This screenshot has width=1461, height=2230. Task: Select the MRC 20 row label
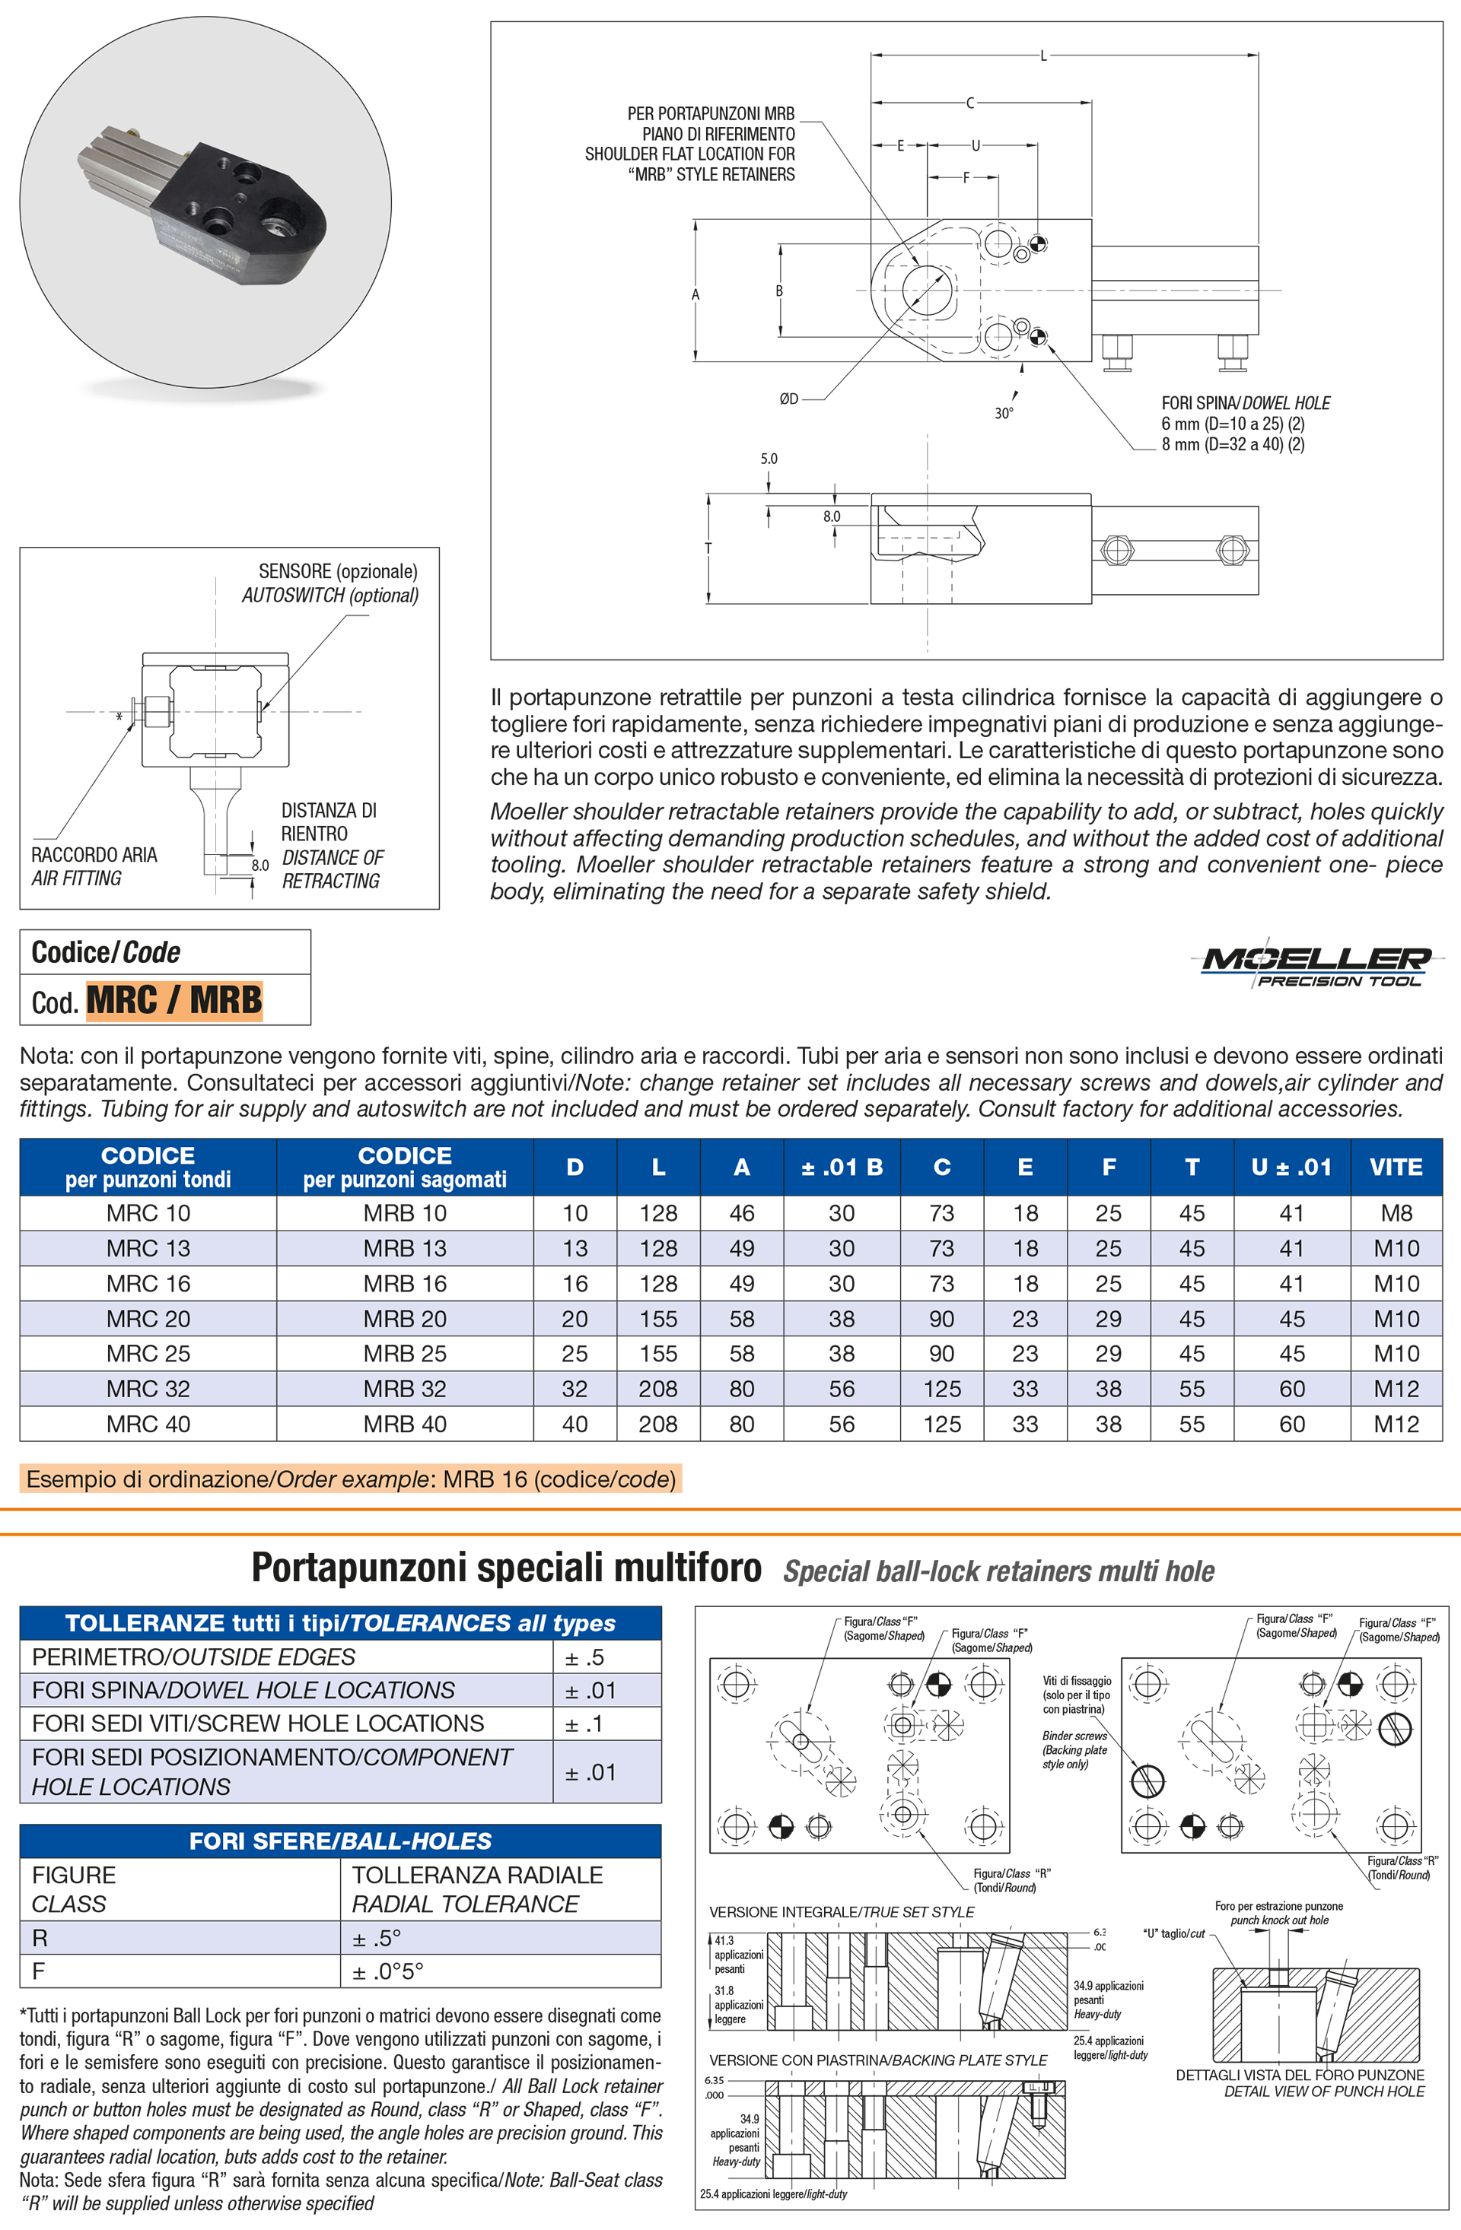tap(148, 1318)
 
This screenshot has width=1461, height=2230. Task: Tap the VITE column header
tap(1396, 1167)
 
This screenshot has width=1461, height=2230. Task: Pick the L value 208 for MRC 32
tap(658, 1389)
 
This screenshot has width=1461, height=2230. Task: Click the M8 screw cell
tap(1396, 1213)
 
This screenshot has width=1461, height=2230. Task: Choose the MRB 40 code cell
tap(405, 1425)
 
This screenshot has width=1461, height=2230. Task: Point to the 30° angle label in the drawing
tap(1004, 413)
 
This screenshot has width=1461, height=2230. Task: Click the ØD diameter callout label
tap(789, 399)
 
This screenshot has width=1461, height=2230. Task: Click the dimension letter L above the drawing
tap(1044, 56)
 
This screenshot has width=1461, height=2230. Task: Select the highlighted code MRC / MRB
tap(174, 999)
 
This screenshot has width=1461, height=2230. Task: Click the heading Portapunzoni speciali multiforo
tap(506, 1567)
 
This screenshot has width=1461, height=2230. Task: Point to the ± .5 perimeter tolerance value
tap(584, 1657)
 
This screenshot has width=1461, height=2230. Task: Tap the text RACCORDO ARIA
tap(94, 855)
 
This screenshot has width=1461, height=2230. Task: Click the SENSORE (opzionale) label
tap(337, 571)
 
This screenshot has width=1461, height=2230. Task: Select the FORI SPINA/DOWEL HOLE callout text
tap(1246, 403)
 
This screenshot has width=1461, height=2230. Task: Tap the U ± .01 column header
tap(1291, 1167)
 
